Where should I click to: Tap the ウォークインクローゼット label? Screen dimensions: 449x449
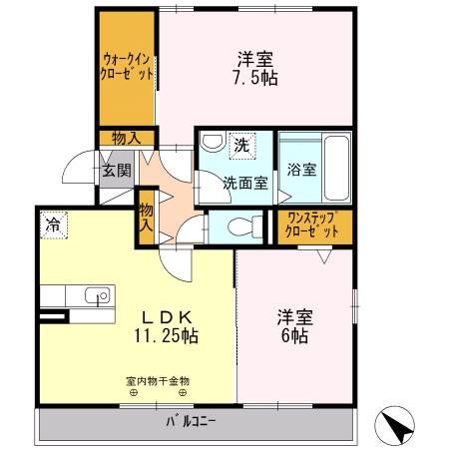[x=127, y=66]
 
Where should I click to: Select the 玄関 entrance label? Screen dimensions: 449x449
[x=117, y=170]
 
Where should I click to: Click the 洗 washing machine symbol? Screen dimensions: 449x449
[x=240, y=145]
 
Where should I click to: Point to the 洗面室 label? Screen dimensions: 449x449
[x=243, y=183]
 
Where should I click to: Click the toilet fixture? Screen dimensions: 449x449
[x=235, y=226]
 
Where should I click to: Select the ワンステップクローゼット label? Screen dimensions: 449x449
[x=312, y=224]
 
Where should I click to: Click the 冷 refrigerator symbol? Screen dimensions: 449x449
[x=51, y=226]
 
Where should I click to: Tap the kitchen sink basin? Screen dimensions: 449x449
[x=97, y=295]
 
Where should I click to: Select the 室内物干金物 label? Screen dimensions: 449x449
[x=158, y=380]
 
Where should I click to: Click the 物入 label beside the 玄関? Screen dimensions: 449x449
[x=127, y=139]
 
